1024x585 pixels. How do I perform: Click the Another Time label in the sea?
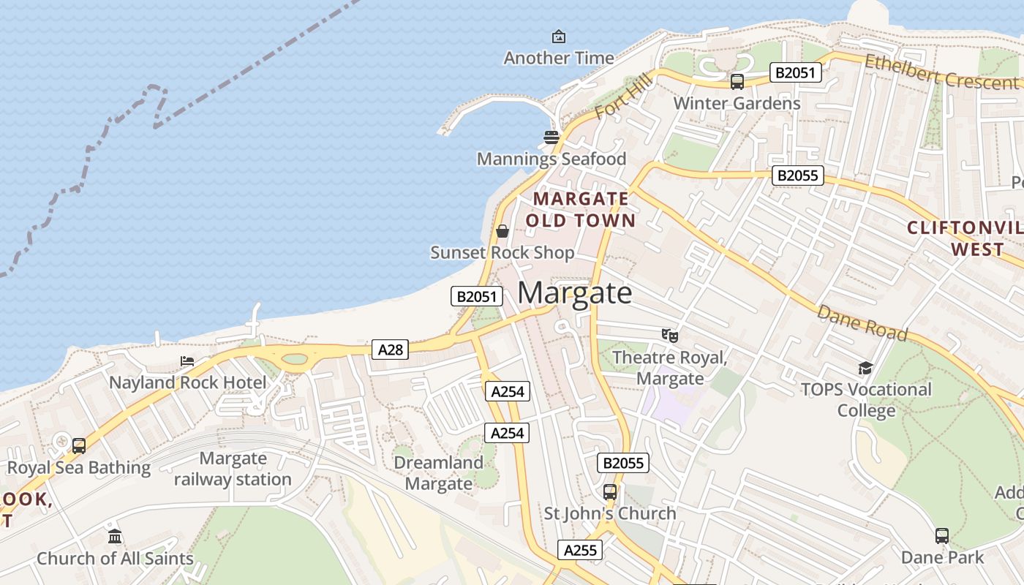pyautogui.click(x=559, y=58)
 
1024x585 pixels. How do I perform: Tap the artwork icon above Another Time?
pyautogui.click(x=559, y=36)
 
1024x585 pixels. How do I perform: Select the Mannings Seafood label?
pyautogui.click(x=551, y=159)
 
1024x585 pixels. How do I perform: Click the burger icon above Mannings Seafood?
pyautogui.click(x=551, y=137)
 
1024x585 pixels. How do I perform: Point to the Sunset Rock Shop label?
pyautogui.click(x=502, y=253)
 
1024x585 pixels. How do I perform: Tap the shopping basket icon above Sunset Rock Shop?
pyautogui.click(x=502, y=231)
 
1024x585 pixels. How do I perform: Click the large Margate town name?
pyautogui.click(x=575, y=293)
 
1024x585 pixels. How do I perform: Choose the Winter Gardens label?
pyautogui.click(x=737, y=103)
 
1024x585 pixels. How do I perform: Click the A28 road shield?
pyautogui.click(x=390, y=350)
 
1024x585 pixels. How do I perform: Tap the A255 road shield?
pyautogui.click(x=580, y=550)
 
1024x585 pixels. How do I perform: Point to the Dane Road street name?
pyautogui.click(x=862, y=323)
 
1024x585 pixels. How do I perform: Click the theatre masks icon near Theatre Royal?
pyautogui.click(x=670, y=336)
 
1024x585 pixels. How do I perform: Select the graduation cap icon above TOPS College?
pyautogui.click(x=866, y=367)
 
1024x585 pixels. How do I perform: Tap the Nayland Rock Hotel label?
pyautogui.click(x=188, y=382)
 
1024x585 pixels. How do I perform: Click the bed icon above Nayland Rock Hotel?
pyautogui.click(x=188, y=361)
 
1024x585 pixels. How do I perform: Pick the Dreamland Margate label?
pyautogui.click(x=439, y=473)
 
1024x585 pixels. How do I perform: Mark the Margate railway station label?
pyautogui.click(x=233, y=469)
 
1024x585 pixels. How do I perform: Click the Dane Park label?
pyautogui.click(x=942, y=558)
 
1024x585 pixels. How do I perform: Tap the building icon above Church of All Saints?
pyautogui.click(x=115, y=537)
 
